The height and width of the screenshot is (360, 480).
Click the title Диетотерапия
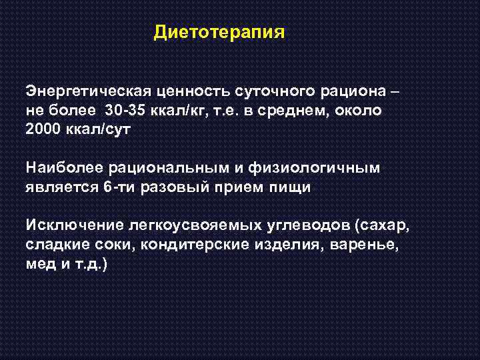[x=219, y=32]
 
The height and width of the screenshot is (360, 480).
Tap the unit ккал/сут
[x=99, y=130]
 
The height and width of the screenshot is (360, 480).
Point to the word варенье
[x=365, y=245]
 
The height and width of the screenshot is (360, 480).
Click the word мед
[x=39, y=264]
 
